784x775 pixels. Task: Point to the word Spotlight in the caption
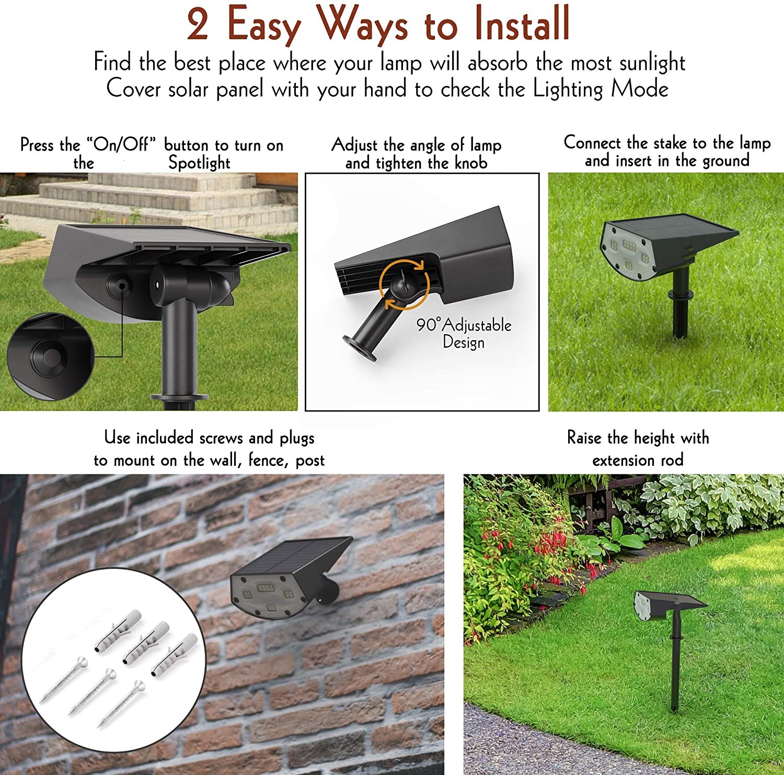199,163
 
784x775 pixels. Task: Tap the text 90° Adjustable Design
464,333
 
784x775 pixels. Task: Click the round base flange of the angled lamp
360,347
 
